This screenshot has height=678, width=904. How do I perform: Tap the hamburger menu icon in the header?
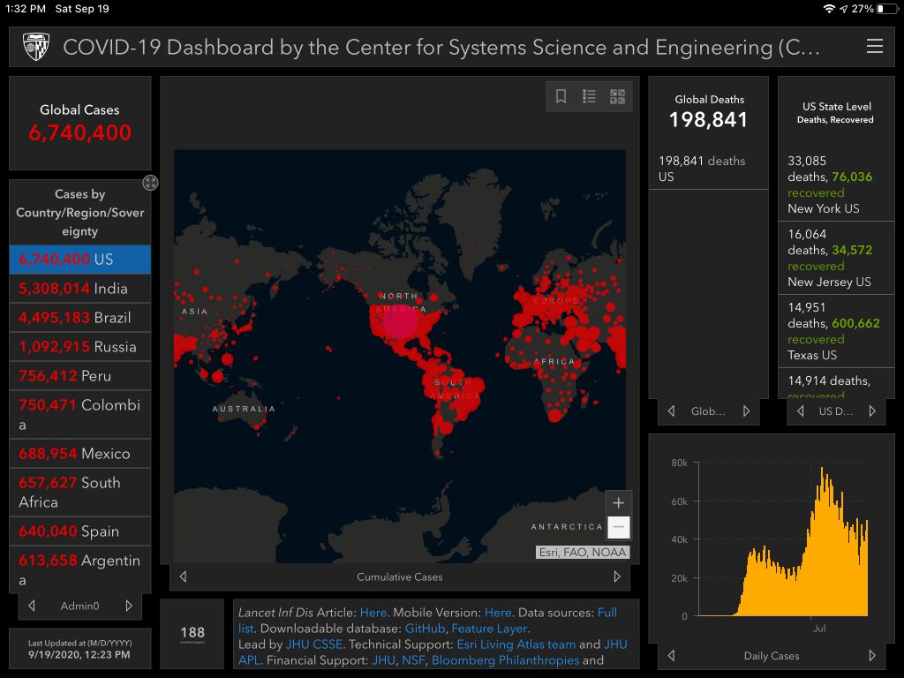(874, 47)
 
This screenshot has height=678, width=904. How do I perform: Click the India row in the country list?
(79, 289)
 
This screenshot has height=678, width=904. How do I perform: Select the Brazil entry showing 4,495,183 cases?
(79, 318)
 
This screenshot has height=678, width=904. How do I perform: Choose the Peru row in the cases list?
(79, 376)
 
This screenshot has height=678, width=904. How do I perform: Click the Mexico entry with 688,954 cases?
(79, 454)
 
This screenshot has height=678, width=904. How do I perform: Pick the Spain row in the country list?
(79, 531)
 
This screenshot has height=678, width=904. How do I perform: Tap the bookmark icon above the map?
(561, 97)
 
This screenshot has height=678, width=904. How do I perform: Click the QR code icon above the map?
(617, 97)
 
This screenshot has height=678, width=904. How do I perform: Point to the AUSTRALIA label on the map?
(244, 409)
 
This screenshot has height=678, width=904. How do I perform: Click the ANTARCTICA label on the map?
(566, 527)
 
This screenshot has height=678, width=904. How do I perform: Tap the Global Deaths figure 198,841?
(708, 120)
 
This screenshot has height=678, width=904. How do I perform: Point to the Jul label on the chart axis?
(818, 629)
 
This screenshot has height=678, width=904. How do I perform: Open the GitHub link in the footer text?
(425, 629)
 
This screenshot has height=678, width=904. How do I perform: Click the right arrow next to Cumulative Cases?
(617, 576)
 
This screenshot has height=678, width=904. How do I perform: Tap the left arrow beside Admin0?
(32, 606)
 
